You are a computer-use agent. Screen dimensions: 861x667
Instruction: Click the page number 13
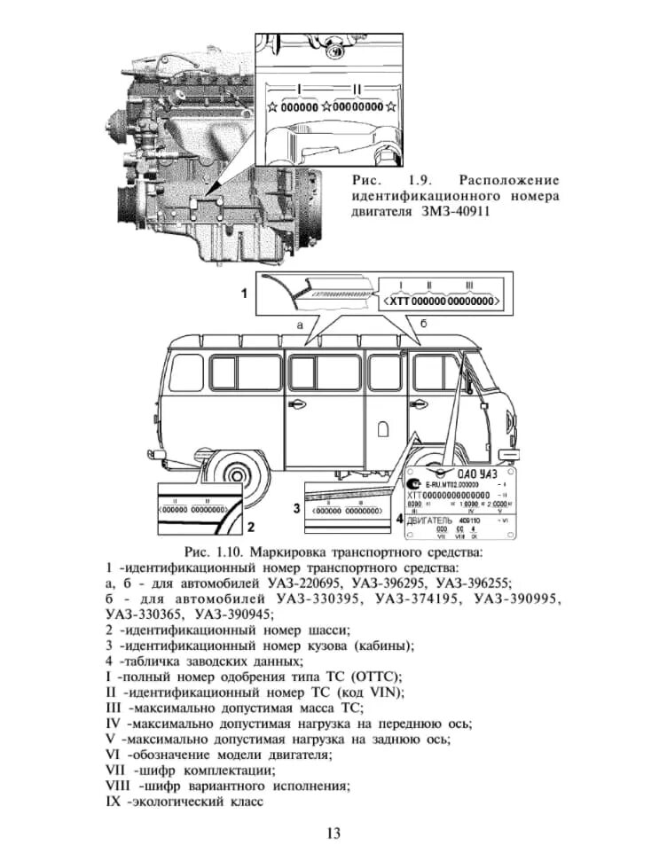coord(333,833)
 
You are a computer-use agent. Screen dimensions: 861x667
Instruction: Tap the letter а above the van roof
coord(300,325)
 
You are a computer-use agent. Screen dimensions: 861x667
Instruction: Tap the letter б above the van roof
coord(423,325)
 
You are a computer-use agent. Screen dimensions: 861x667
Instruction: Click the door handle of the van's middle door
coord(298,405)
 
